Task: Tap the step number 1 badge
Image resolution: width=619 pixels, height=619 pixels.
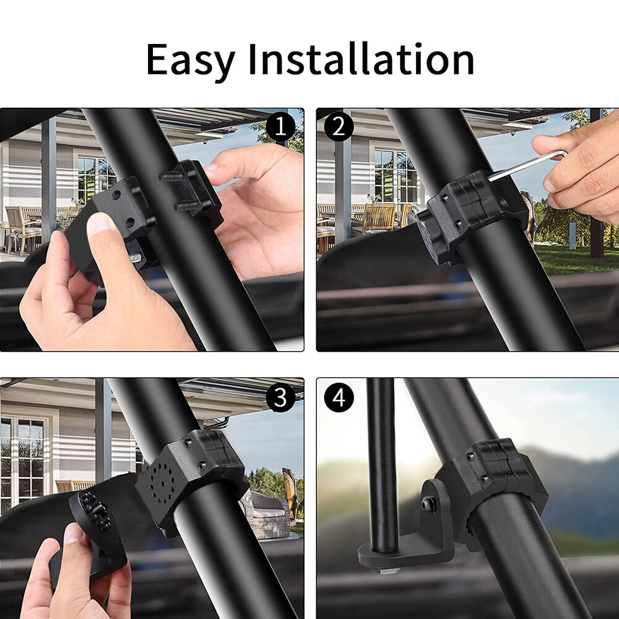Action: point(280,127)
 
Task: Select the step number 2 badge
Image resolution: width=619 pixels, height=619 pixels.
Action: point(339,127)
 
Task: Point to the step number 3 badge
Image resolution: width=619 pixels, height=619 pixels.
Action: point(280,397)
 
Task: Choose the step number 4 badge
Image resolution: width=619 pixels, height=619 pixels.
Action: point(339,397)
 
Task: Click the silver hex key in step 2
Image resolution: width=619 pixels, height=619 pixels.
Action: point(526,165)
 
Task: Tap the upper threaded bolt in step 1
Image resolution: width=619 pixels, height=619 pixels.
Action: point(171,176)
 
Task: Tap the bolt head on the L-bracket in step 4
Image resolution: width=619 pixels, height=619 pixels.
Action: point(428,504)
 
